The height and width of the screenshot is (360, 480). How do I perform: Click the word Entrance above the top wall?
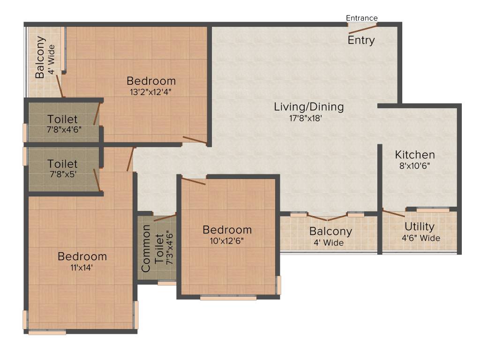[x=361, y=18]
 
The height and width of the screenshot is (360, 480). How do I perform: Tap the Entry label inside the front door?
[x=361, y=40]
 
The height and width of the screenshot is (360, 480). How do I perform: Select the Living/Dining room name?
[x=309, y=106]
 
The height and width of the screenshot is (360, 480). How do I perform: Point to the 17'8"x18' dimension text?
[x=306, y=118]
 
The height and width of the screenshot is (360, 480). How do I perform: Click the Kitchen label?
[x=415, y=155]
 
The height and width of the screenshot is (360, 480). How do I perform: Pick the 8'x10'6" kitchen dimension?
[x=414, y=165]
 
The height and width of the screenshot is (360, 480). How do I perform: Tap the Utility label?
[x=420, y=226]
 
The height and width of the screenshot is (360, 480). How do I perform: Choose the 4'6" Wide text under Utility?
[x=421, y=238]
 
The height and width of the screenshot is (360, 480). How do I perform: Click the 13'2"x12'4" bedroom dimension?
[x=150, y=92]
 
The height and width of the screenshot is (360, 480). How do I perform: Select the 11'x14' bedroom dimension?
[x=82, y=268]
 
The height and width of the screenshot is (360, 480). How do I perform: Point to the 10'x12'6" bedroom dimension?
[x=226, y=241]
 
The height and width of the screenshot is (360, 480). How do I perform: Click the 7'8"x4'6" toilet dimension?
[x=64, y=129]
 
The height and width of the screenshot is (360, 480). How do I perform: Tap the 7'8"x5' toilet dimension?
[x=63, y=174]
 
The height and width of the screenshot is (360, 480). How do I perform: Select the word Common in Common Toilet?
[x=146, y=248]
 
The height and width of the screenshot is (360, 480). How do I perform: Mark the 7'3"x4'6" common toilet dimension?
[x=169, y=248]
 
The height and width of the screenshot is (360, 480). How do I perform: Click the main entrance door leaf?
[x=363, y=29]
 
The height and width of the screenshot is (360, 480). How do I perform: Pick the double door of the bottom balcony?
[x=327, y=217]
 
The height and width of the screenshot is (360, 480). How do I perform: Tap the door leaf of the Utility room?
[x=394, y=213]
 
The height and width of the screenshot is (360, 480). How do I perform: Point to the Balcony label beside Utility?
[x=330, y=232]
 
